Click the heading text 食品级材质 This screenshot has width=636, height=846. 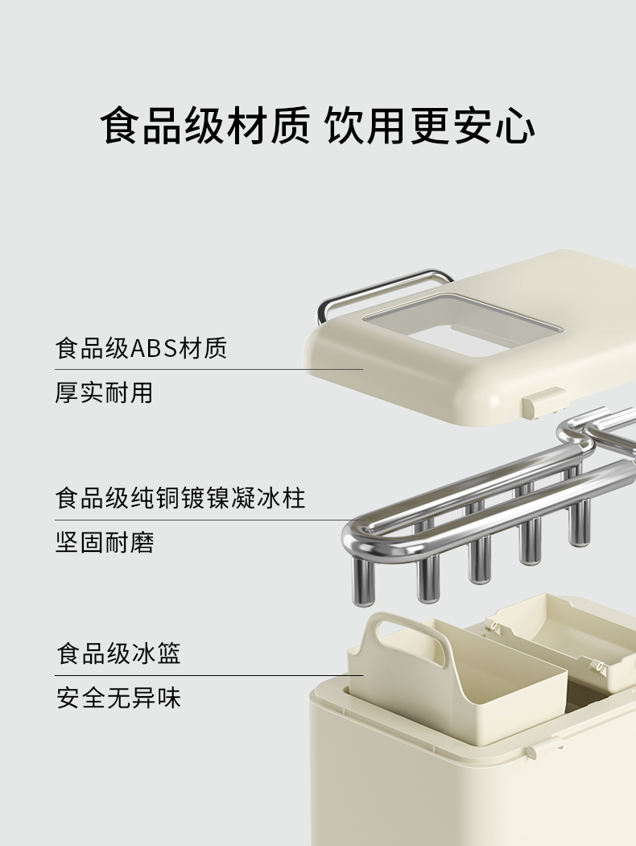coord(204,126)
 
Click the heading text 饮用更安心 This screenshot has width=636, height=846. coord(430,126)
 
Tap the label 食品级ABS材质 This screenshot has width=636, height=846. coord(141,348)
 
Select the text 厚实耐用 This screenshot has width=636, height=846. coord(104,392)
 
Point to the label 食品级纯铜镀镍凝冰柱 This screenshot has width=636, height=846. coord(180,497)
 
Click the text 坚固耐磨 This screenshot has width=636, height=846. coord(104,541)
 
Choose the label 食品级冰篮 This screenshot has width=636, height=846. coord(118,653)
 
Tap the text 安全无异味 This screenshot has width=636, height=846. coord(118,697)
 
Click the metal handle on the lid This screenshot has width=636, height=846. coord(378,287)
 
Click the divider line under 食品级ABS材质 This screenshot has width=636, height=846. coord(209,370)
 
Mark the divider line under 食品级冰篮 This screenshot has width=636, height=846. coord(209,675)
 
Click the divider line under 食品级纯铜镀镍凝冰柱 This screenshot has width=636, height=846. coord(209,520)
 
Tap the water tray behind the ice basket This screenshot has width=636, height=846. coord(555,637)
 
